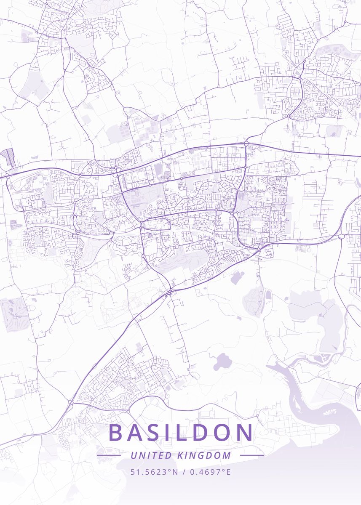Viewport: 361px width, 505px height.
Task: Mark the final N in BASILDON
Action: (246, 433)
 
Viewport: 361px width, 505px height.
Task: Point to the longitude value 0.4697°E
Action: (210, 472)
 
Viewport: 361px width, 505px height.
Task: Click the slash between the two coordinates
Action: (183, 472)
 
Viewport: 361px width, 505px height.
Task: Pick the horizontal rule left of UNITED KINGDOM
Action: (109, 455)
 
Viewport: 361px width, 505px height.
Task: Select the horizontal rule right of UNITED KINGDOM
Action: (252, 455)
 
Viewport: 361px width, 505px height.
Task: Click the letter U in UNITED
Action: (134, 455)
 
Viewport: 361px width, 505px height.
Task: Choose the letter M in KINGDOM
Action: (227, 455)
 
